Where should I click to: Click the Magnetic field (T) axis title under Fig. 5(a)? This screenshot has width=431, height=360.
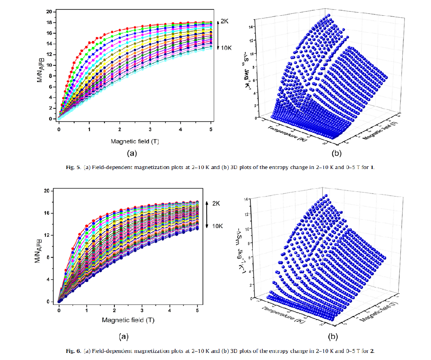click(134, 140)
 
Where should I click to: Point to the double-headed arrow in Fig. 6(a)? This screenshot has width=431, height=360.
click(208, 215)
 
